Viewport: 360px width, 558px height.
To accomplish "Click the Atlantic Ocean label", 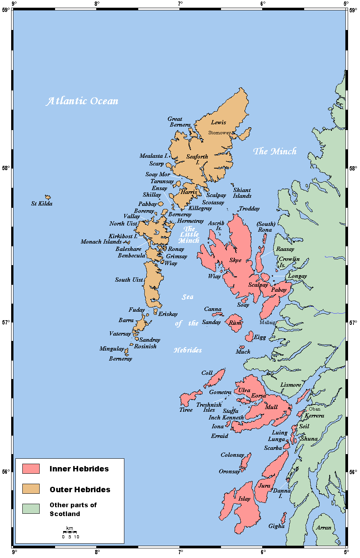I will (82, 101).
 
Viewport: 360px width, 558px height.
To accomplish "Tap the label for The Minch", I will (275, 151).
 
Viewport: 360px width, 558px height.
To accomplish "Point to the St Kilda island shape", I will (48, 197).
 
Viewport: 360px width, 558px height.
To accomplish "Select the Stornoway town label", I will (219, 133).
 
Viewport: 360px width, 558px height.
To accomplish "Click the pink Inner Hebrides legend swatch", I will (31, 469).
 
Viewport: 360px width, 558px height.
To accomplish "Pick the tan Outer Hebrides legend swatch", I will (31, 489).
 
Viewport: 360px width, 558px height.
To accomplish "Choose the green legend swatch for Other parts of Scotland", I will (31, 509).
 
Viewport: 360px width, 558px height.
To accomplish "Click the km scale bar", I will (70, 532).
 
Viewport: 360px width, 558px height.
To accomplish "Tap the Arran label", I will (323, 528).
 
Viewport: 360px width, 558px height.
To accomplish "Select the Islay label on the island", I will (244, 499).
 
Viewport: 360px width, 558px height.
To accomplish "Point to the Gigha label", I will (276, 526).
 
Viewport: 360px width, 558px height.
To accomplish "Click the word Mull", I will (271, 407).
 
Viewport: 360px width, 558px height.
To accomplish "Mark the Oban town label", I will (314, 409).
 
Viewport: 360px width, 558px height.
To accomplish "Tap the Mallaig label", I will (267, 322).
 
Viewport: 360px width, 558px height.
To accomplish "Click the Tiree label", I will (186, 410).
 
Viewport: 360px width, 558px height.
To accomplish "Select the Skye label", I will (235, 260).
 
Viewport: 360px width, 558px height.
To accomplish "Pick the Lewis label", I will (218, 122).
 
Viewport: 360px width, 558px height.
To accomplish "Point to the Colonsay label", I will (232, 455).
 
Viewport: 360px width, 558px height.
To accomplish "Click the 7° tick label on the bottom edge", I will (180, 552).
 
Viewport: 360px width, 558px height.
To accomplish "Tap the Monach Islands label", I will (101, 242).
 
